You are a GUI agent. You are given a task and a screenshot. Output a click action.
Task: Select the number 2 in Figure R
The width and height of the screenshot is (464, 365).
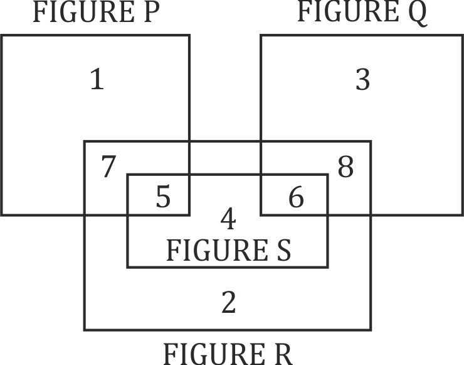pos(228,303)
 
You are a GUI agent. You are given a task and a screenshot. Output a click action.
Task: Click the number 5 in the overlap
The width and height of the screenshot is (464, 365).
pos(162,198)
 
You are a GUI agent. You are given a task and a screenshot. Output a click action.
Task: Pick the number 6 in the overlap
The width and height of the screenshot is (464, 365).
pos(296,198)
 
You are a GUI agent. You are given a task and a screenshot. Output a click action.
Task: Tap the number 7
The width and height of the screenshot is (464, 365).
pos(108,167)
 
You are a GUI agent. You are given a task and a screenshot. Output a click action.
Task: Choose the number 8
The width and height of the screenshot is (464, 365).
pos(345,167)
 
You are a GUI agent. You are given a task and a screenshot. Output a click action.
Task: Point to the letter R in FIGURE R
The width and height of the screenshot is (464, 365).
pos(282,353)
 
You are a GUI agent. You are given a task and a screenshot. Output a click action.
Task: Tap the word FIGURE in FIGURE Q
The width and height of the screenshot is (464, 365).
pos(348,13)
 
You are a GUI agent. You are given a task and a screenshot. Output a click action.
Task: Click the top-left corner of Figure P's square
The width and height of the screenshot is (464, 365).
pos(3,36)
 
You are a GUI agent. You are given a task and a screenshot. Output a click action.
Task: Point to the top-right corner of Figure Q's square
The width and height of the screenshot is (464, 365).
pos(461,36)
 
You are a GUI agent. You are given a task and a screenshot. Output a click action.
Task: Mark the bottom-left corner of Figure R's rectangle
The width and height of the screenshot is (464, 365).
pos(85,329)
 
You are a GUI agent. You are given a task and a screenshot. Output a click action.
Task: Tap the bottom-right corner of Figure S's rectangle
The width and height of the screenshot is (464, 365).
pos(327,266)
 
